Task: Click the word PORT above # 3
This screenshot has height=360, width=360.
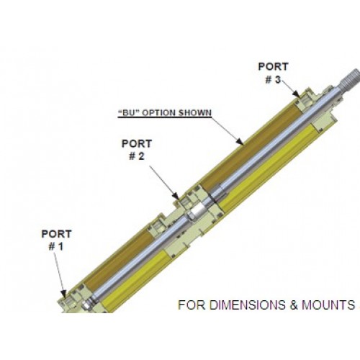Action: click(273, 67)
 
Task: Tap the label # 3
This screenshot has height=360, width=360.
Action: click(273, 80)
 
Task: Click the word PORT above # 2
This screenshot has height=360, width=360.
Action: click(137, 144)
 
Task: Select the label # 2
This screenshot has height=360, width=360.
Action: click(137, 156)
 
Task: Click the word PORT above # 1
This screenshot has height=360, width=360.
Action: click(56, 234)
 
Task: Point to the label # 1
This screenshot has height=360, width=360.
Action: click(56, 246)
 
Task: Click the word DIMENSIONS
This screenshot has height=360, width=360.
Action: click(248, 305)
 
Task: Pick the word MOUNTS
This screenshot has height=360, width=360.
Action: click(328, 305)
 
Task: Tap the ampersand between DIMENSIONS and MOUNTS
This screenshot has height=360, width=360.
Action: click(293, 305)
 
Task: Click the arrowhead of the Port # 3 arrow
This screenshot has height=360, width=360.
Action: click(297, 95)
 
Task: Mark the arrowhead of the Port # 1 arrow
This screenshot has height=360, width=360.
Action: click(64, 294)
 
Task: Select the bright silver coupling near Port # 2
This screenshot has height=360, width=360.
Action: click(197, 211)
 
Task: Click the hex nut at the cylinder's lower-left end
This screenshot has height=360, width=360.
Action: click(86, 305)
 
